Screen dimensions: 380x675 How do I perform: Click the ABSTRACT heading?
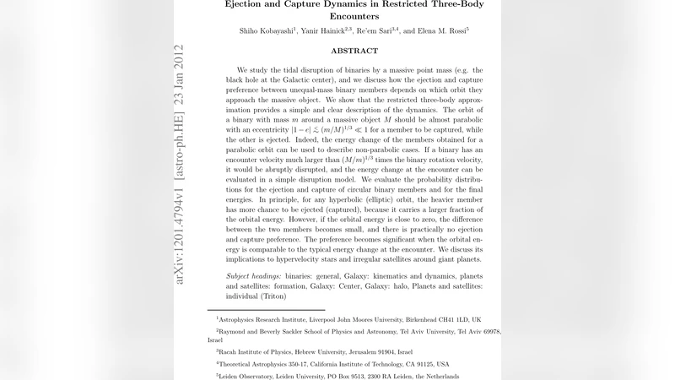pyautogui.click(x=354, y=51)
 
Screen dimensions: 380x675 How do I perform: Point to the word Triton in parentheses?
pyautogui.click(x=273, y=296)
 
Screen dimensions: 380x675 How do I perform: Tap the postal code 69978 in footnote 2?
pyautogui.click(x=490, y=333)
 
